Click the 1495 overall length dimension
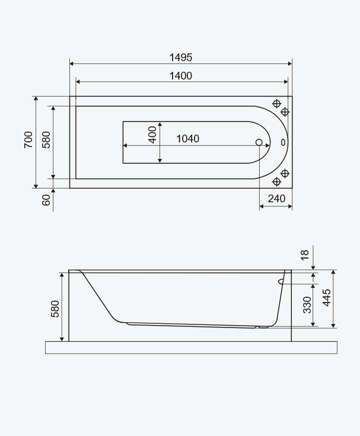(x=181, y=58)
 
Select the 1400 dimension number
(x=181, y=76)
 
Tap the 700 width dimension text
(x=28, y=140)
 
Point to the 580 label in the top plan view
(x=46, y=140)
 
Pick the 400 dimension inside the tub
(x=152, y=135)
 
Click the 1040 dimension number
(x=188, y=139)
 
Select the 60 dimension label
(x=46, y=201)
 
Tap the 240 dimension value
(x=276, y=199)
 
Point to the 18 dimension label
(x=305, y=255)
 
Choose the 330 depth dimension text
(x=307, y=305)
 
